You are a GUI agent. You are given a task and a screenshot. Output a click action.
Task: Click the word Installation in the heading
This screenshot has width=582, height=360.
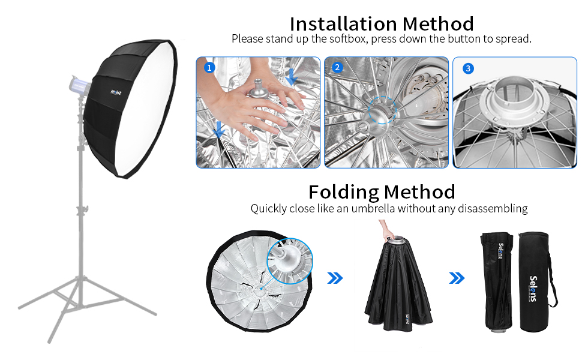pos(343,24)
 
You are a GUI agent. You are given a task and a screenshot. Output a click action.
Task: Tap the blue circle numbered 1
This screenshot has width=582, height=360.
pos(209,68)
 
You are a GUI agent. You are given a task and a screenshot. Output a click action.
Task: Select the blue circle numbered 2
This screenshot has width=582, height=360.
pos(337,67)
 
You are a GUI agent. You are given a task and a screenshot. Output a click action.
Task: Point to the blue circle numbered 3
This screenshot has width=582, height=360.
pos(468,68)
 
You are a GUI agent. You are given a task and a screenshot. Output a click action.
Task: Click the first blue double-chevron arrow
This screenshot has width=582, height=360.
pos(335,278)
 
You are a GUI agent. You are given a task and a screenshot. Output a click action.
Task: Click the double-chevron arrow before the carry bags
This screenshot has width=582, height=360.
pos(457,278)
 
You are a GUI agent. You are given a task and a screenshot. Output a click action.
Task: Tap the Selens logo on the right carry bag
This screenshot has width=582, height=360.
pos(533,289)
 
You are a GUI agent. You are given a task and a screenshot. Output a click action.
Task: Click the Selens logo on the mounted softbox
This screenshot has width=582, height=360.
pos(116,92)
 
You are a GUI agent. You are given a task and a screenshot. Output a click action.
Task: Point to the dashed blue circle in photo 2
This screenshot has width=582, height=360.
pos(382,110)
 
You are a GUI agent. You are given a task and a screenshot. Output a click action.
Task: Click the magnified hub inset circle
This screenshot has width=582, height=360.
pos(290,261)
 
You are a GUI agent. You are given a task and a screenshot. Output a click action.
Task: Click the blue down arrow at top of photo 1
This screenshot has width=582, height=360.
pos(292,76)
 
